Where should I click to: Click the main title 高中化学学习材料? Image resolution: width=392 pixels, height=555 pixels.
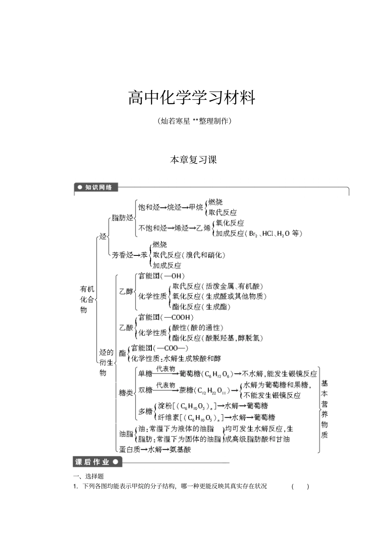(192, 98)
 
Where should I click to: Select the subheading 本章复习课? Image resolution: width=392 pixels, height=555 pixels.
(193, 160)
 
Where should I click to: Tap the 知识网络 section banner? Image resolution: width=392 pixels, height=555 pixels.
(96, 187)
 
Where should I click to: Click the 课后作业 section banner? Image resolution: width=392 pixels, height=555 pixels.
(97, 462)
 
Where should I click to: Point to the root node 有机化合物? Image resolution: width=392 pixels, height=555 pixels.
(87, 300)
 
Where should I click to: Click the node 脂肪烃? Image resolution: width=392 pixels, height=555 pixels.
(123, 218)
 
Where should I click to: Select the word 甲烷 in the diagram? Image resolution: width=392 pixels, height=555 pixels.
(196, 207)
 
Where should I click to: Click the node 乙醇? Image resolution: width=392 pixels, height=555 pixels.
(126, 291)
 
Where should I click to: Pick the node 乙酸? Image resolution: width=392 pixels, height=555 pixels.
(126, 328)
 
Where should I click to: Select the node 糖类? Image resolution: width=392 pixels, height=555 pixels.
(126, 393)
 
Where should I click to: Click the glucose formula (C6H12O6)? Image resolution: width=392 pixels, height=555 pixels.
(216, 374)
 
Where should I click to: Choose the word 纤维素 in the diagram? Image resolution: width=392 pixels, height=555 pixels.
(168, 417)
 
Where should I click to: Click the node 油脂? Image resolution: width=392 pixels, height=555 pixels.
(126, 434)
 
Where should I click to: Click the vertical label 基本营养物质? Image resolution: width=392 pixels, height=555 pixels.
(325, 409)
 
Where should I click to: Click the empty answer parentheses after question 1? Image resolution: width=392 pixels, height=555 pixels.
(300, 487)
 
